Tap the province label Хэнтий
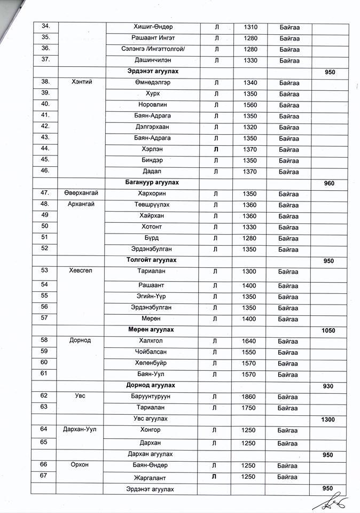tap(82, 82)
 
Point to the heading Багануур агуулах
tap(153, 183)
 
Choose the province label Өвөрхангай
tap(82, 193)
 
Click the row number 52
tap(45, 248)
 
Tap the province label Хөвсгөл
tap(81, 271)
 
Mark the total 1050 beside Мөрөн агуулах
tap(328, 331)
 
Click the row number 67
tap(45, 476)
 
